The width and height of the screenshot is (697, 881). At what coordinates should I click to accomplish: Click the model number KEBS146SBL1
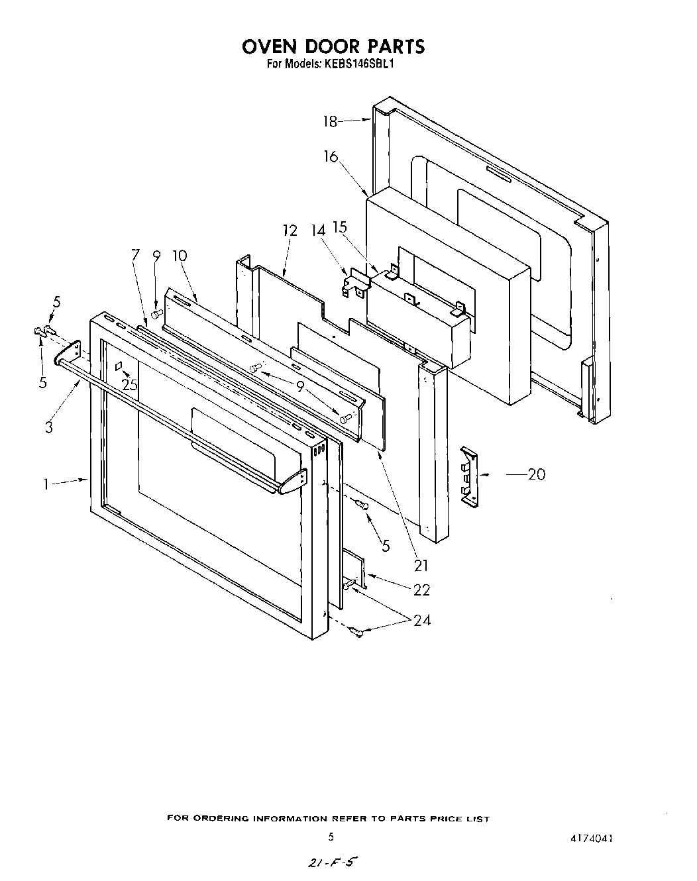click(x=360, y=65)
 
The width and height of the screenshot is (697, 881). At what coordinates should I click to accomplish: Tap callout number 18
click(x=330, y=121)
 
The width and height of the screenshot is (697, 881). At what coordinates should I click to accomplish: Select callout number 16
click(x=331, y=157)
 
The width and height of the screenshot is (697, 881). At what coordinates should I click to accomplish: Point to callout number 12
click(x=290, y=231)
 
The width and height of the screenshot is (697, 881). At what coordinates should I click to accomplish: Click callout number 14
click(x=319, y=231)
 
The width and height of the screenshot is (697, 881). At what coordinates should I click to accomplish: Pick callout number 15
click(x=339, y=227)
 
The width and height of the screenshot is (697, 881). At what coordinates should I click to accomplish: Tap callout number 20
click(x=536, y=474)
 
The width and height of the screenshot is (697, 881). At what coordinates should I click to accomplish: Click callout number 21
click(x=421, y=566)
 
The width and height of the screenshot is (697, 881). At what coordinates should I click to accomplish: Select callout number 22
click(x=421, y=590)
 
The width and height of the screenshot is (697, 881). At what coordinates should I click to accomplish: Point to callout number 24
click(x=421, y=620)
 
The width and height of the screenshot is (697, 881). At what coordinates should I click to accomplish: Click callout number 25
click(x=130, y=384)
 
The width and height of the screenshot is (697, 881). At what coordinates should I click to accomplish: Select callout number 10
click(x=179, y=256)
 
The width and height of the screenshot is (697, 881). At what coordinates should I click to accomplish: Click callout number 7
click(x=136, y=254)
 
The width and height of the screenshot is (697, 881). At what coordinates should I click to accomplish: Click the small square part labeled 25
click(x=119, y=366)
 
